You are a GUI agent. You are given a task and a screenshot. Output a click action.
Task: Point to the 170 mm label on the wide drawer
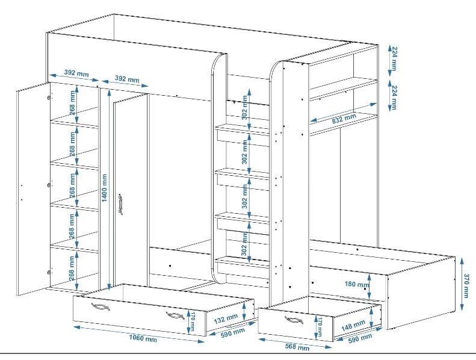pyautogui.click(x=193, y=320)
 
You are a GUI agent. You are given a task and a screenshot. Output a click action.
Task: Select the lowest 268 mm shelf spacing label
pyautogui.click(x=72, y=265)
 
